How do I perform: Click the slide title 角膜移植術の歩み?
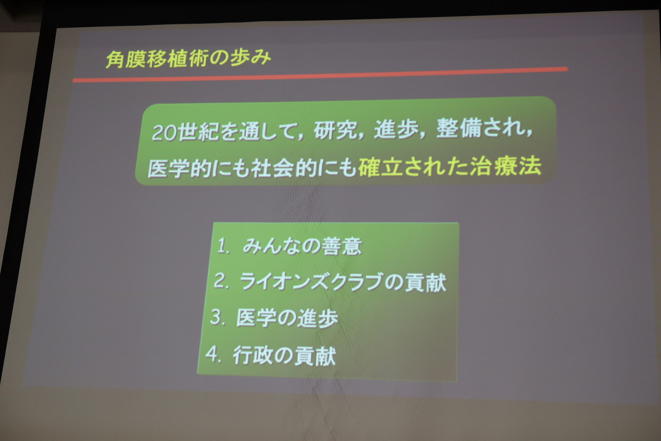(188, 59)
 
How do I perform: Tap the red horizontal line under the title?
(320, 74)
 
